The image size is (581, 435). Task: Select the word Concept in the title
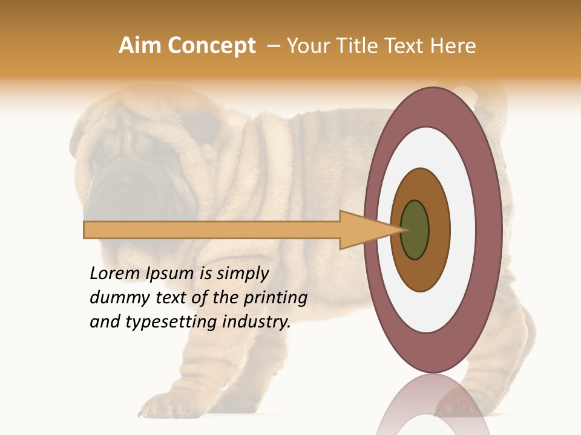coord(212,47)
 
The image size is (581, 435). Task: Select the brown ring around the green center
coord(439,230)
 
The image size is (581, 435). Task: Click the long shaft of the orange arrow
coord(212,230)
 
